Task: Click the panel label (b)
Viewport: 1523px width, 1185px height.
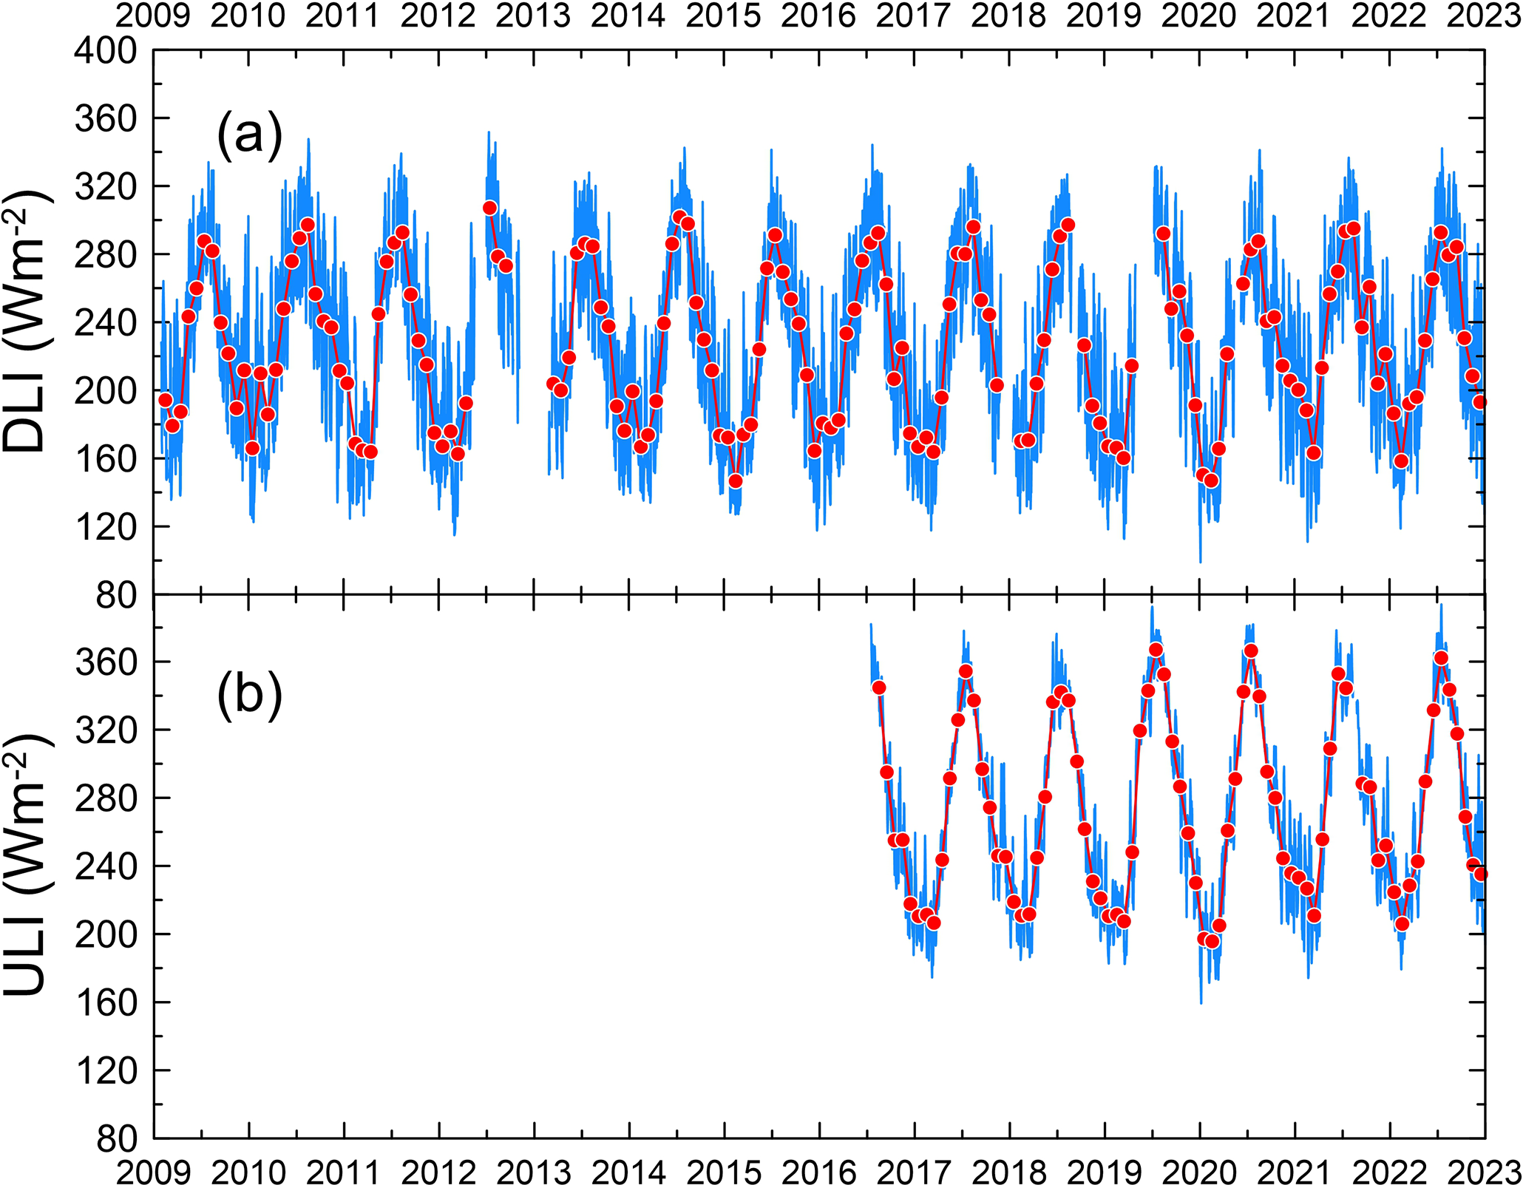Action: point(249,695)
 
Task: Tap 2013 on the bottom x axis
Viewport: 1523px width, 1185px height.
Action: point(533,1172)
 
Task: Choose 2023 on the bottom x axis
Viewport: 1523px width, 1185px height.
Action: point(1484,1172)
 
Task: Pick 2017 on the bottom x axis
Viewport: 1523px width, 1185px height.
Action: point(914,1172)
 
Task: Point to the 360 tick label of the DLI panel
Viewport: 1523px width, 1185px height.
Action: point(106,118)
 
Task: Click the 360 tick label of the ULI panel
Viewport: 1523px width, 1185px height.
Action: point(106,662)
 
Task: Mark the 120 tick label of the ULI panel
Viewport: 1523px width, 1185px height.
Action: point(106,1070)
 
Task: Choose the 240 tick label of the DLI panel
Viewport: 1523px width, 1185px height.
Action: point(106,322)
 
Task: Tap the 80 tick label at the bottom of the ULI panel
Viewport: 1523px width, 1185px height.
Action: point(116,1138)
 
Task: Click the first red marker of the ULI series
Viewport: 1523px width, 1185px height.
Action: point(878,687)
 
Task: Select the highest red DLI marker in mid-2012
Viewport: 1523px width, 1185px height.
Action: point(489,208)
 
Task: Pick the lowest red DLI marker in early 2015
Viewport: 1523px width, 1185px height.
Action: point(735,481)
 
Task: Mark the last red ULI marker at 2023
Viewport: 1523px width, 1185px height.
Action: point(1480,874)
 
